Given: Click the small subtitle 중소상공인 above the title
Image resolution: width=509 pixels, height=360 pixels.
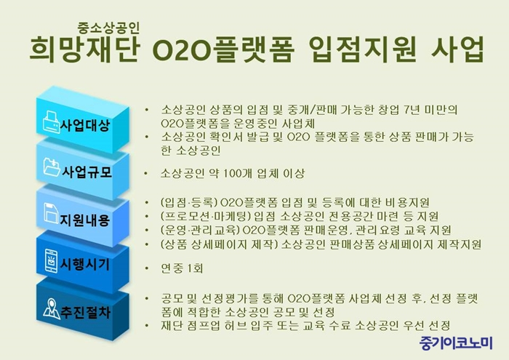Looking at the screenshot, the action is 108,28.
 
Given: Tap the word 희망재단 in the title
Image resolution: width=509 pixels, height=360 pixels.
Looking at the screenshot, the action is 84,49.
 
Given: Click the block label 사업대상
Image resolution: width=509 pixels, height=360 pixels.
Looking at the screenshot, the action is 85,126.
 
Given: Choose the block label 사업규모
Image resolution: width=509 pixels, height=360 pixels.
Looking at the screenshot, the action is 87,172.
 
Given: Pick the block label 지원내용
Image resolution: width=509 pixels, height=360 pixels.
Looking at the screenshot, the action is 84,220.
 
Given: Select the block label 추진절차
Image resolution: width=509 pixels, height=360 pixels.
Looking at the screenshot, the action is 85,312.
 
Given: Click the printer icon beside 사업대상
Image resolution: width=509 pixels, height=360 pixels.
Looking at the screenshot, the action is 52,122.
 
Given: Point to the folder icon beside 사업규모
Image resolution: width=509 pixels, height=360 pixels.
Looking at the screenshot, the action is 52,167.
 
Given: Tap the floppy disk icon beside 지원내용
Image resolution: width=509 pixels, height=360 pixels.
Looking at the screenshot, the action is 51,213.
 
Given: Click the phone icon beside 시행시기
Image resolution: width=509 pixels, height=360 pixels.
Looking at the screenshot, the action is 52,261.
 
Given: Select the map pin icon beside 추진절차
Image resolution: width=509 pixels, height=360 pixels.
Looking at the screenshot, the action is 52,308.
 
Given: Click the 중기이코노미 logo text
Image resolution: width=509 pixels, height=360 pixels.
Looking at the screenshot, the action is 456,343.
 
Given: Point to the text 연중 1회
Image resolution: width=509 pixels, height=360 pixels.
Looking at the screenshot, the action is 182,268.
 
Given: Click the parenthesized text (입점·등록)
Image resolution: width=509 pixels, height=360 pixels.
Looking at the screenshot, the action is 188,202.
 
